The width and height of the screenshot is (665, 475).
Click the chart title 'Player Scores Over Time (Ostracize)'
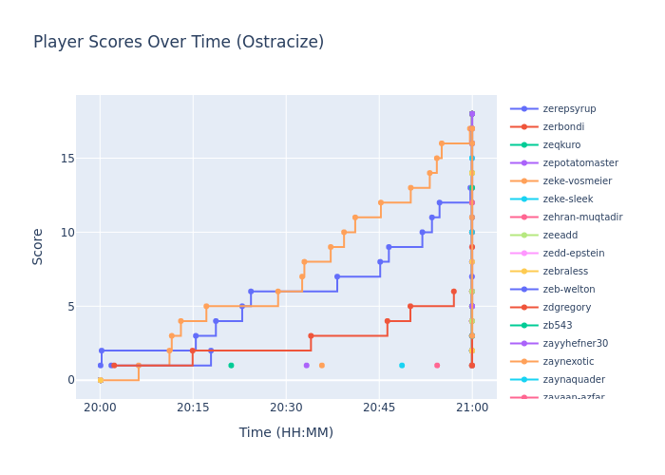coord(179,42)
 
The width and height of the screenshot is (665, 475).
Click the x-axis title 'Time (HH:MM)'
coord(286,432)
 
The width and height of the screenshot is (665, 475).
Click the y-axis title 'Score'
coord(38,245)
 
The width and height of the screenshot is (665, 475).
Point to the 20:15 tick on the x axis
coord(193,407)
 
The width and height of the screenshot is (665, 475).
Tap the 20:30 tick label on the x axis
coord(286,407)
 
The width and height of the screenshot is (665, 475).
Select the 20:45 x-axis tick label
coord(379,407)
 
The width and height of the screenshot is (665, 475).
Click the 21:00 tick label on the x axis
coord(472,407)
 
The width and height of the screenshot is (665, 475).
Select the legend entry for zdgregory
coord(567,307)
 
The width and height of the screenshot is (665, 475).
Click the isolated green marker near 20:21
coord(231,365)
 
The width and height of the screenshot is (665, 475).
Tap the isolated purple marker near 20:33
coord(306,365)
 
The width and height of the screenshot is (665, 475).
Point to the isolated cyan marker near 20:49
coord(402,365)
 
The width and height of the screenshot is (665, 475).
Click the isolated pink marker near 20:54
coord(437,365)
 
